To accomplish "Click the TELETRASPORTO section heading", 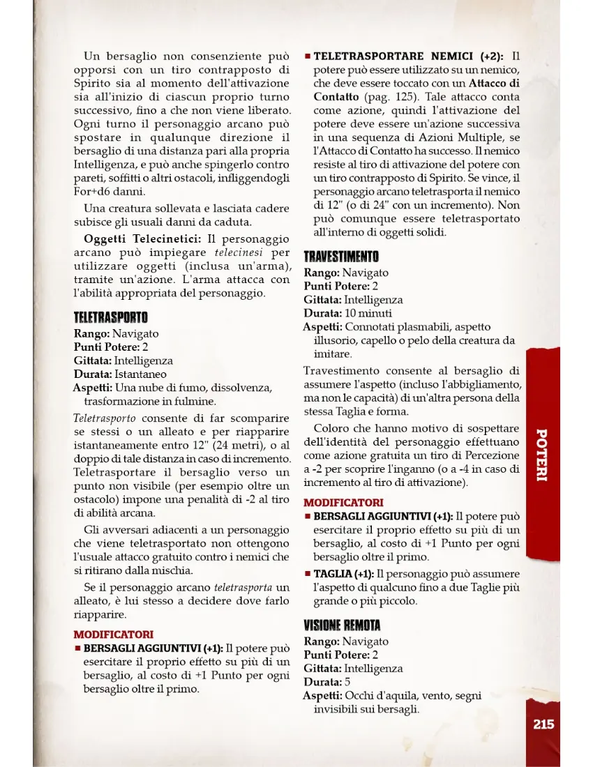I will tap(110, 318).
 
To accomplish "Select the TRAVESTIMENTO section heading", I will tap(341, 257).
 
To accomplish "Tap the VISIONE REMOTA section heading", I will tap(342, 625).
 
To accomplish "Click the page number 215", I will tap(543, 724).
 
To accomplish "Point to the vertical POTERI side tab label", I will tap(541, 455).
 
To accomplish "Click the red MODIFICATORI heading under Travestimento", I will tap(343, 502).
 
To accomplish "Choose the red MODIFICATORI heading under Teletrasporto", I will tap(113, 635).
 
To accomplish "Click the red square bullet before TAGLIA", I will tap(307, 574).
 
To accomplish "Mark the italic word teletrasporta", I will tap(243, 587).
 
